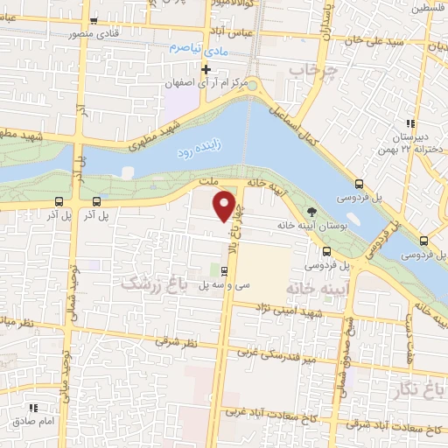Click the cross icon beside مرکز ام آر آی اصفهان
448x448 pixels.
click(x=206, y=69)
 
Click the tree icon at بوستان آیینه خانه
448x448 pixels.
click(x=311, y=211)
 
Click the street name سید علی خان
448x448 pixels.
click(x=380, y=42)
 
